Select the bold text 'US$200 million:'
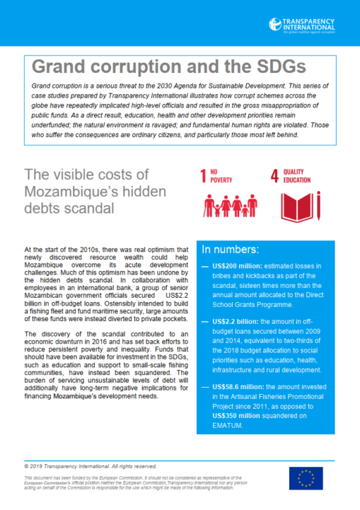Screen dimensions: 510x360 coord(236,266)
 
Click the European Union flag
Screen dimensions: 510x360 coord(306,478)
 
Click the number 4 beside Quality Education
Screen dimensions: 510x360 coord(274,175)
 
